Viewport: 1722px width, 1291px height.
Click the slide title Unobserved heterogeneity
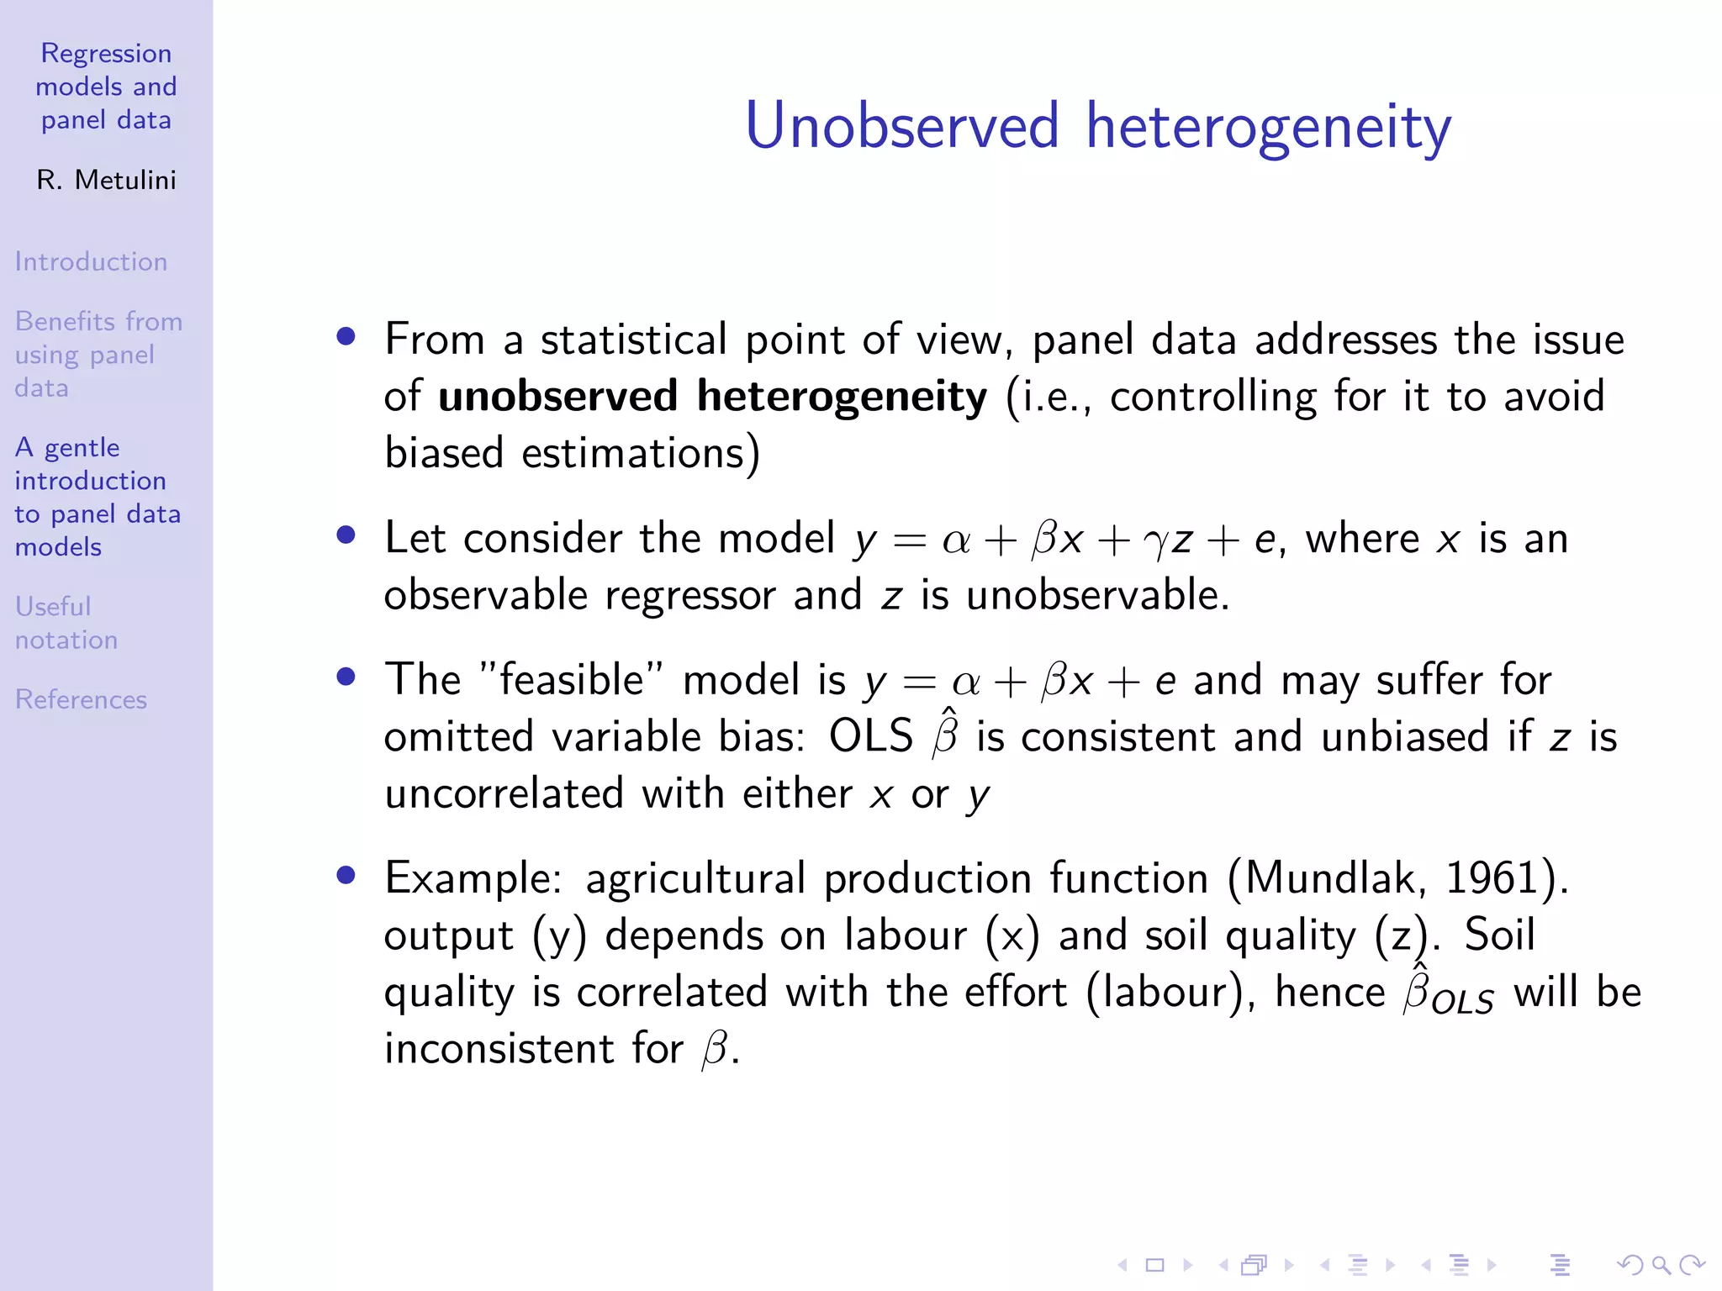[x=1097, y=126]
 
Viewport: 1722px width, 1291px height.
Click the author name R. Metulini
[x=106, y=180]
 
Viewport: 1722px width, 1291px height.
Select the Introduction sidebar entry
[x=91, y=261]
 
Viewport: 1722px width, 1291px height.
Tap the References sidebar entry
[x=81, y=699]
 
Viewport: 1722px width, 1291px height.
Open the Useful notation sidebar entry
[x=66, y=623]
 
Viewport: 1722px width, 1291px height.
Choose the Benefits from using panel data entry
[x=98, y=354]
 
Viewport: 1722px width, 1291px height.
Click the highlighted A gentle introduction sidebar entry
[x=98, y=497]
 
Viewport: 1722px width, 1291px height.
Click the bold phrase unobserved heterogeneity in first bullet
[x=712, y=396]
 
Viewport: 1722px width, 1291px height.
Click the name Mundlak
[x=1328, y=878]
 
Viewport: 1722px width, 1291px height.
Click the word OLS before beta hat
[x=870, y=737]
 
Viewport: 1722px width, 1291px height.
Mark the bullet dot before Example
[x=346, y=876]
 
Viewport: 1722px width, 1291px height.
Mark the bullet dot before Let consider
[x=346, y=535]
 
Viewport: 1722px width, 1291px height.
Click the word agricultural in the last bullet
[x=695, y=878]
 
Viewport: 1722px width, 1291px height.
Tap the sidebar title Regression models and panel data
[x=106, y=87]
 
